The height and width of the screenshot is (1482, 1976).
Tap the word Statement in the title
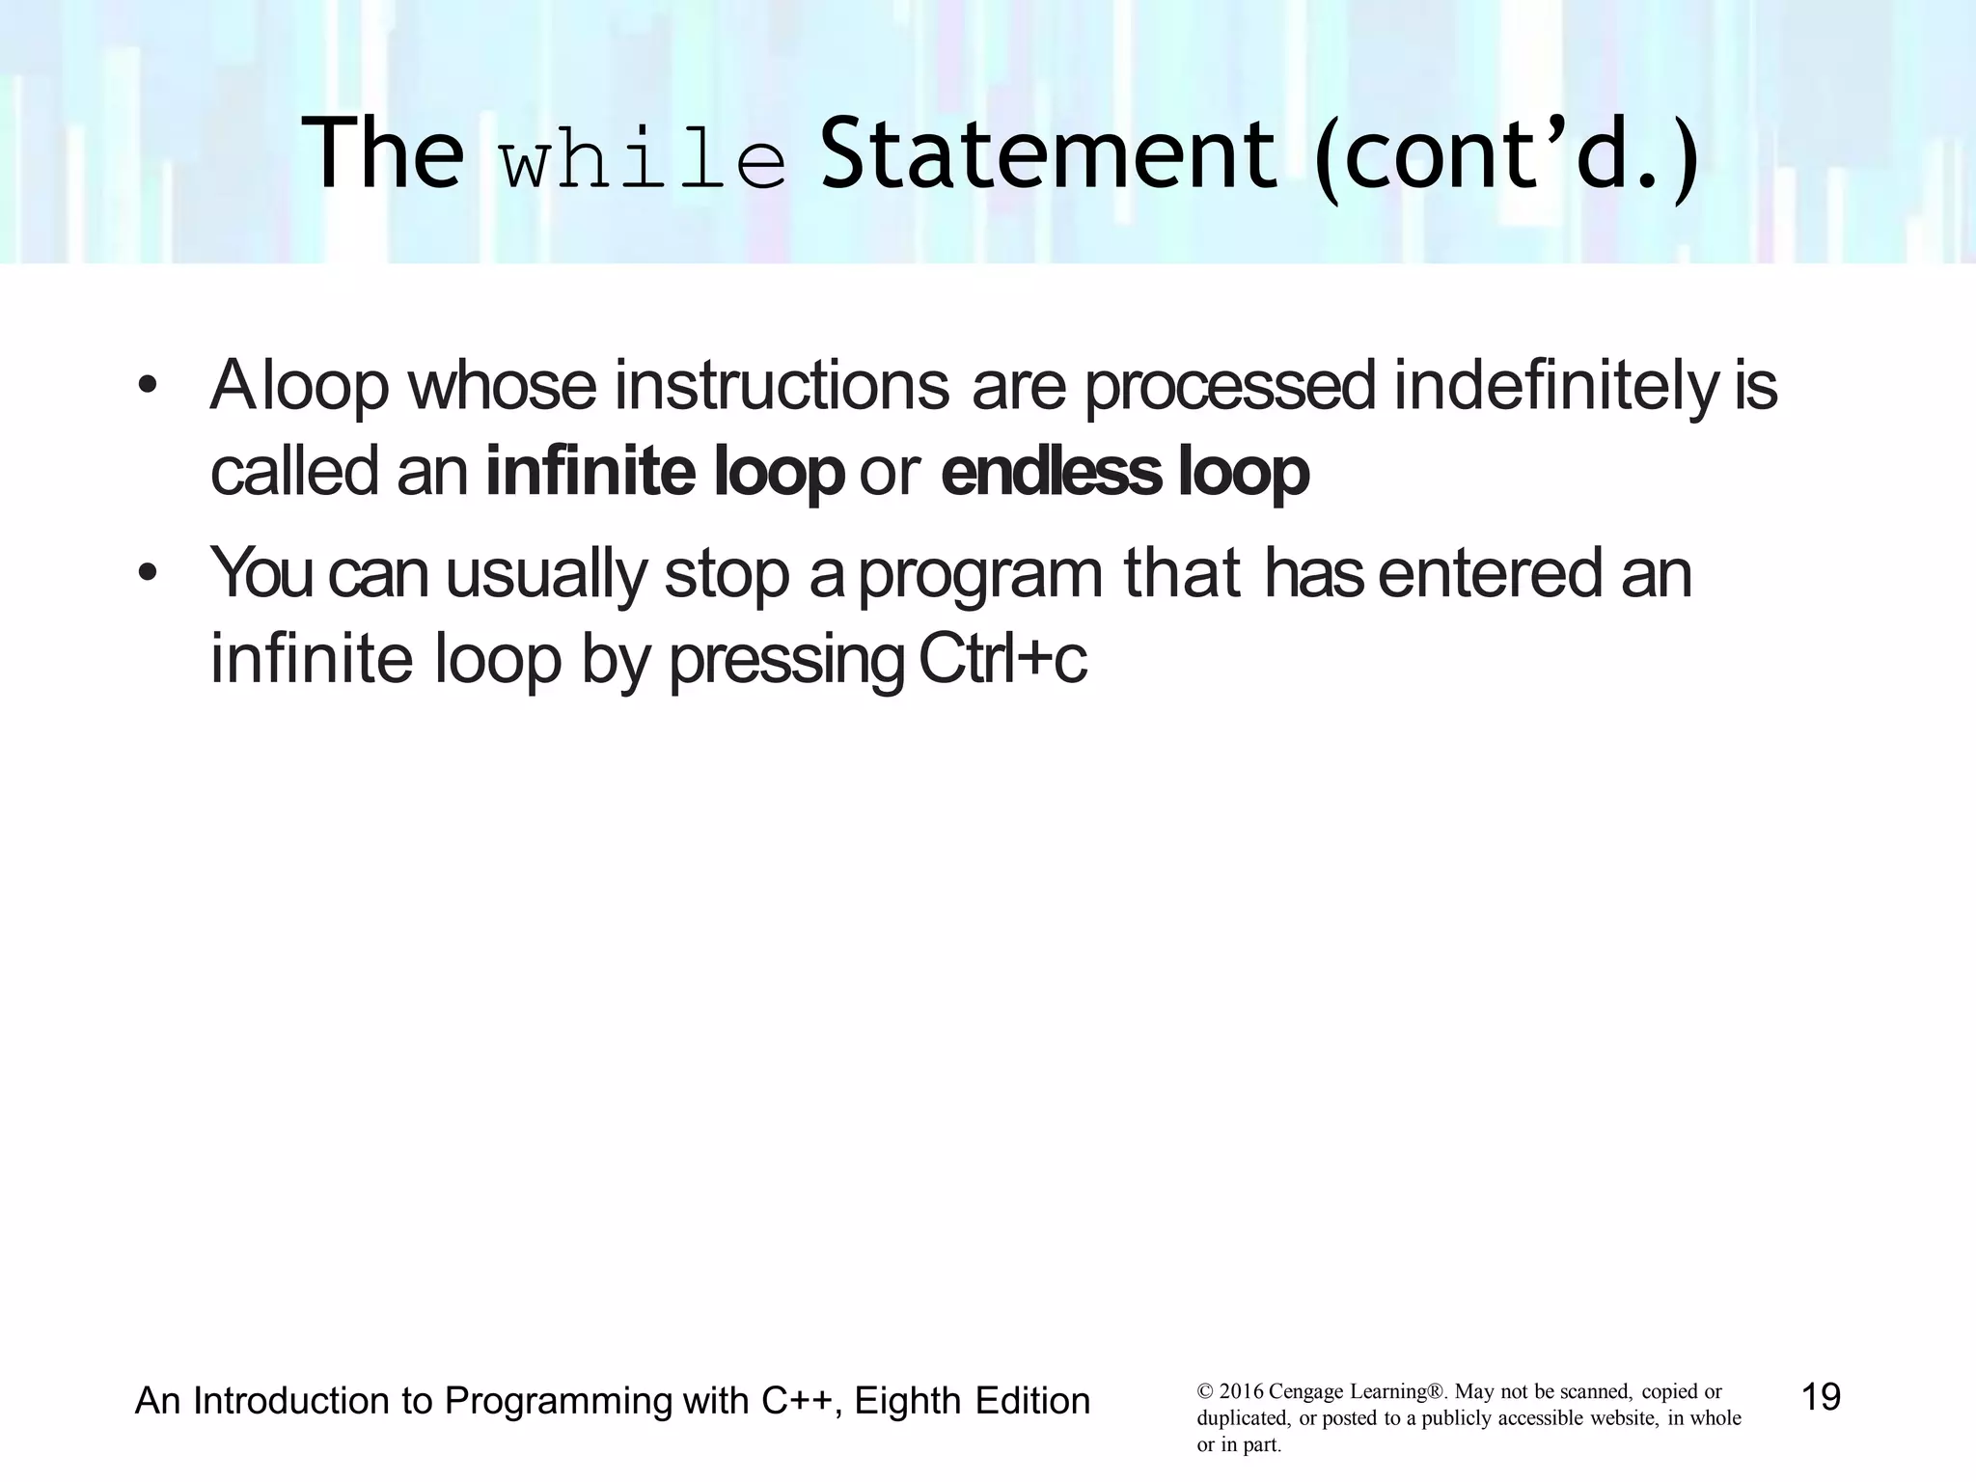pyautogui.click(x=1048, y=154)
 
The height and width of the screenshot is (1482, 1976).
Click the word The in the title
pyautogui.click(x=382, y=154)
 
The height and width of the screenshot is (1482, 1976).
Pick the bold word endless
pyautogui.click(x=1051, y=473)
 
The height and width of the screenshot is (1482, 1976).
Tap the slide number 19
pyautogui.click(x=1821, y=1396)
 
